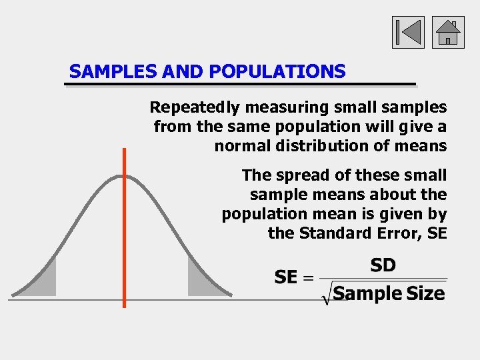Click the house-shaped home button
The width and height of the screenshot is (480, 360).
tap(448, 33)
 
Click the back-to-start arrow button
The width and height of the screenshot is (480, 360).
tap(407, 33)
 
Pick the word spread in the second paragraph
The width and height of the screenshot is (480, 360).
tap(295, 175)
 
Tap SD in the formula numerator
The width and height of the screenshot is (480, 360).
tap(383, 265)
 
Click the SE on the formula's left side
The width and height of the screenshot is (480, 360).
tap(286, 277)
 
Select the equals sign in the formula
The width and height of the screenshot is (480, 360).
tap(308, 278)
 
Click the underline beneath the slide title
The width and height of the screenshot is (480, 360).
tap(240, 85)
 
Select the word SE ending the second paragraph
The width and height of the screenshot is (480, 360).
tap(436, 233)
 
